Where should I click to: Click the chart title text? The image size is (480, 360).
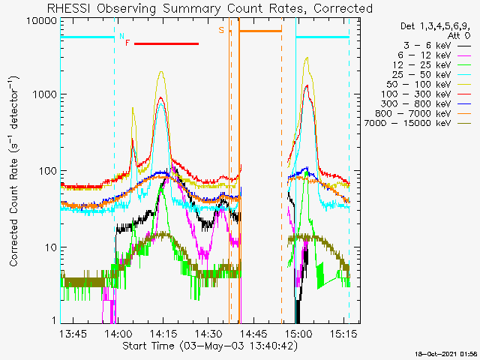coord(209,8)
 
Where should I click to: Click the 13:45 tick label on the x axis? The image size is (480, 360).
coord(73,333)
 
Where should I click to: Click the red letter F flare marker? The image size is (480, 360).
coord(127,43)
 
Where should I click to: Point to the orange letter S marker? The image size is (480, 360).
coord(221,30)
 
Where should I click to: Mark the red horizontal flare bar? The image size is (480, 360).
coord(166,44)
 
